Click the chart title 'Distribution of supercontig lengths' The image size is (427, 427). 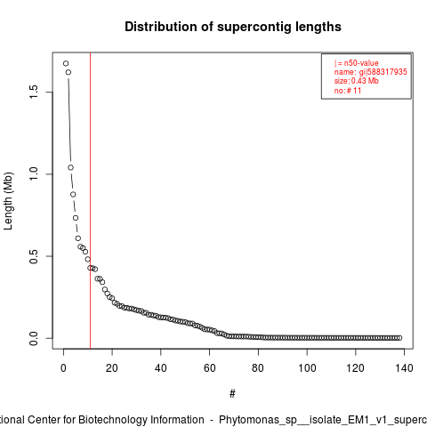[x=233, y=27]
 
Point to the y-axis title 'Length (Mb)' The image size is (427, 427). [x=8, y=201]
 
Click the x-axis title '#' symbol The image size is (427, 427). [x=232, y=394]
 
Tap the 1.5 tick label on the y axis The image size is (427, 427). [x=34, y=92]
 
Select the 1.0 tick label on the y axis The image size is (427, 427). [x=34, y=174]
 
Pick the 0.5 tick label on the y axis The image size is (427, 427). [x=34, y=256]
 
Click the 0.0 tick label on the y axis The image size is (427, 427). [x=34, y=338]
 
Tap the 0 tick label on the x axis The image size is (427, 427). [x=63, y=368]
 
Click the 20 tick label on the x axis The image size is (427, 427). [x=112, y=368]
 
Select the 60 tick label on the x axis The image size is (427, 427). [x=209, y=368]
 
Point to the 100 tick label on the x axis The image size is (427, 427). [x=307, y=368]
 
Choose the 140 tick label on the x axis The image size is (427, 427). [x=404, y=368]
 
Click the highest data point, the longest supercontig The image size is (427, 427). [x=66, y=63]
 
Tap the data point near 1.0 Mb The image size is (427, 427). [x=70, y=167]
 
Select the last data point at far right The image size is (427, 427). [x=399, y=338]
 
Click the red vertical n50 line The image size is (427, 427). [x=90, y=201]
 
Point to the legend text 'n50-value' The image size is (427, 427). [x=361, y=63]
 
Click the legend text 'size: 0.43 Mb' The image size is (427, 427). [x=357, y=81]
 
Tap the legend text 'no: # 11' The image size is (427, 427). [x=348, y=91]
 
